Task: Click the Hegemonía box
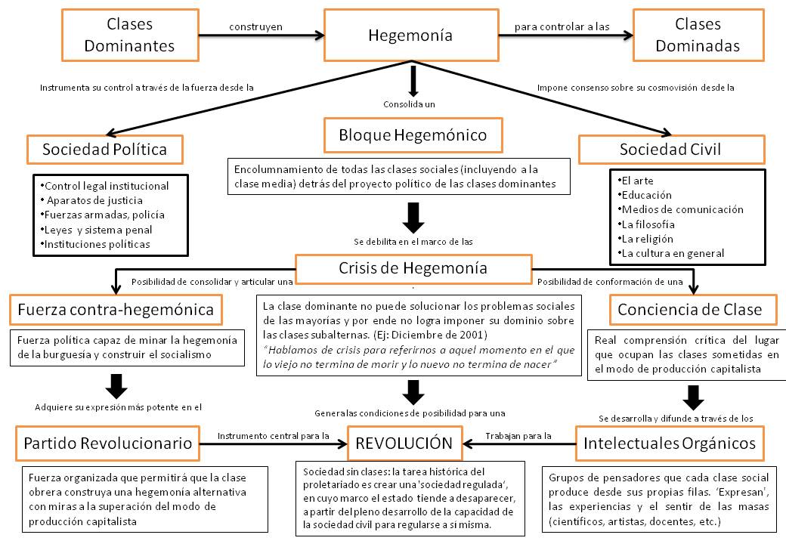(410, 35)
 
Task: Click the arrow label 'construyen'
(255, 26)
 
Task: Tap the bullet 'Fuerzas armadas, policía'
(104, 215)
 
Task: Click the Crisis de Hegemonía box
(413, 267)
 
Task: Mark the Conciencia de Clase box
(689, 308)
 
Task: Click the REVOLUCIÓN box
(410, 443)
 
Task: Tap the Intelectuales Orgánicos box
(670, 443)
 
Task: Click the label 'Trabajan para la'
(518, 435)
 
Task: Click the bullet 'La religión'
(648, 239)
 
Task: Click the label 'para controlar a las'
(562, 26)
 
